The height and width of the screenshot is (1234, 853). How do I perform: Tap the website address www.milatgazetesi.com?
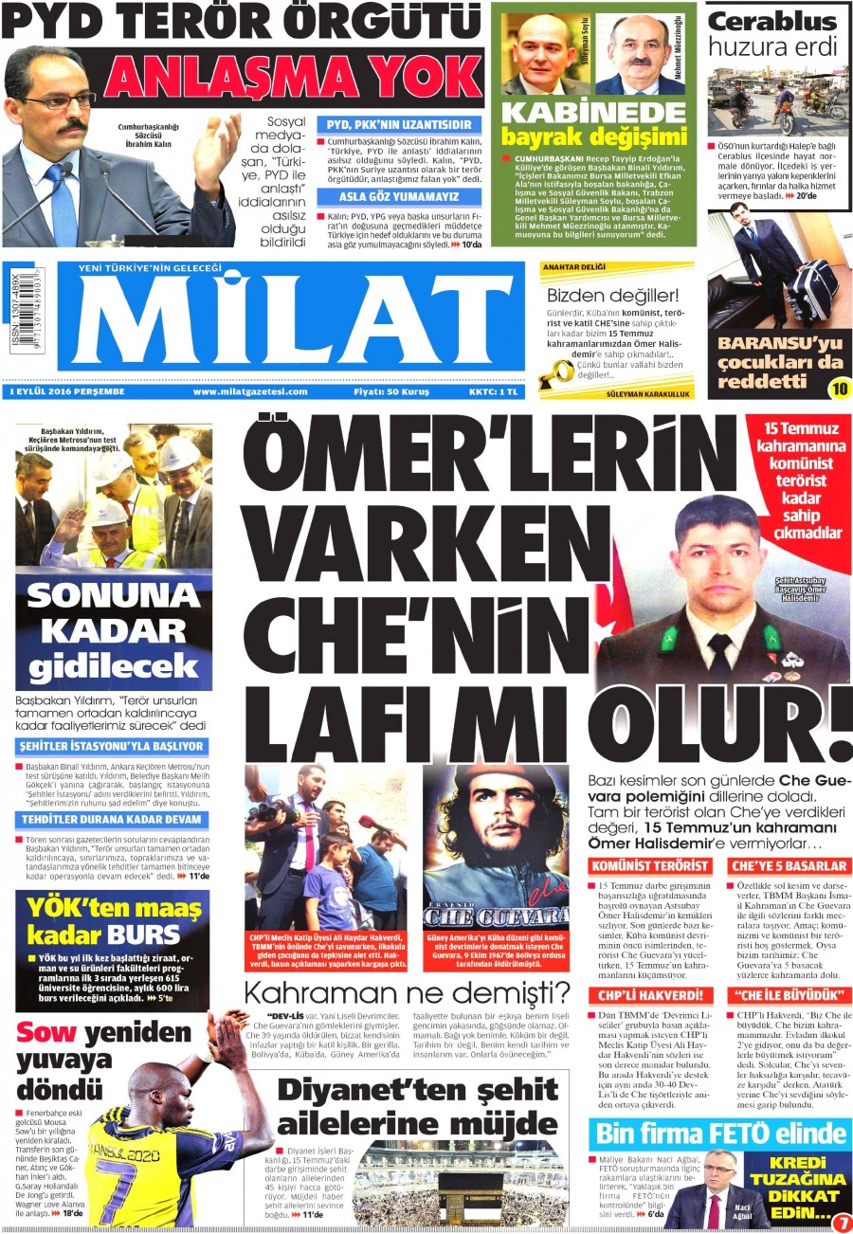[x=250, y=391]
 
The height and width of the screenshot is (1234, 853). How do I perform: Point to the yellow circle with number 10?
[x=839, y=387]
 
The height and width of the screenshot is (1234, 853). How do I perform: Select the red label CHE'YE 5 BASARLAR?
[x=789, y=866]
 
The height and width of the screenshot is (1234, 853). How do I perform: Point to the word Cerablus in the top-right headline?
[x=772, y=21]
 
